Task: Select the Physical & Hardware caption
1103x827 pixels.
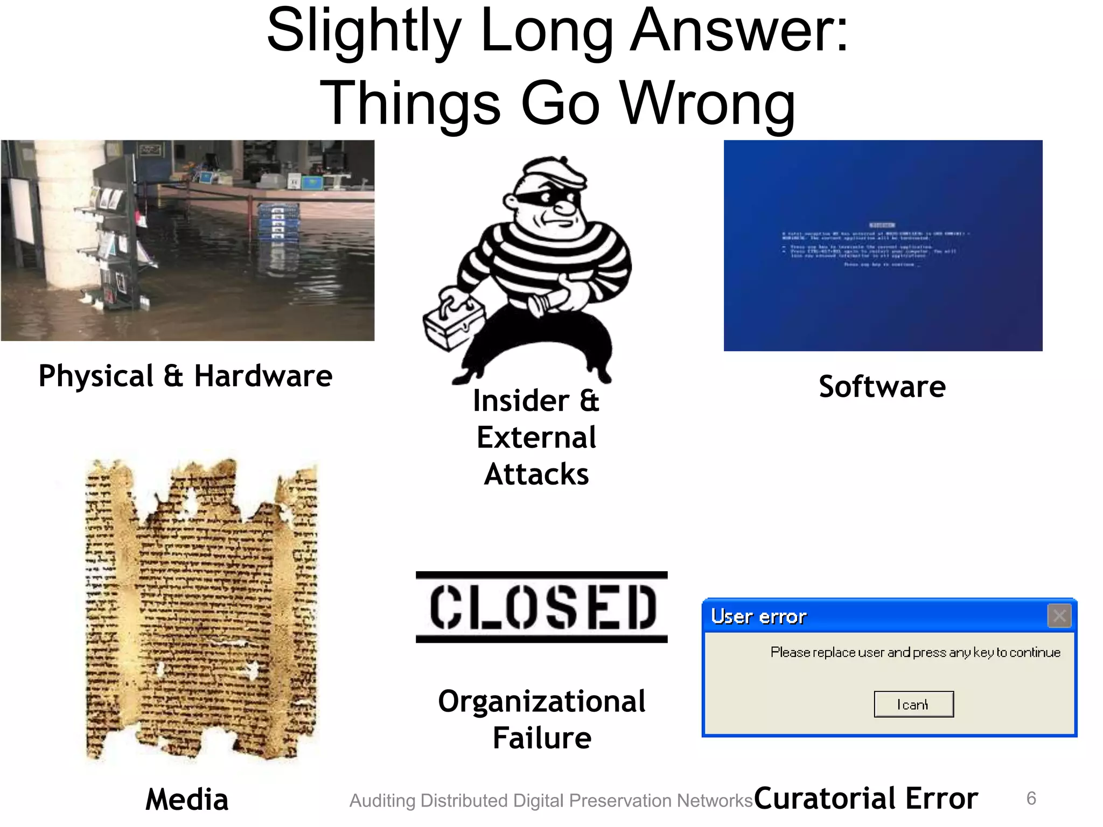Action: point(185,376)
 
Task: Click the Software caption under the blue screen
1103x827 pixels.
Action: point(882,387)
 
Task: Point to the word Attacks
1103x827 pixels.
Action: point(536,474)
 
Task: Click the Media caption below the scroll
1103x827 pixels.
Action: point(187,799)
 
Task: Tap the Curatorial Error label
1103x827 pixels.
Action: point(865,798)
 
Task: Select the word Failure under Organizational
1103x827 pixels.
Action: point(542,738)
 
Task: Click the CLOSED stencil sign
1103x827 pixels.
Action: point(542,607)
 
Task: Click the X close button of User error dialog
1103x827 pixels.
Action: point(1059,615)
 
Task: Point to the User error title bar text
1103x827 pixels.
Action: point(758,616)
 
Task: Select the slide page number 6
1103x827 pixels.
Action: point(1031,798)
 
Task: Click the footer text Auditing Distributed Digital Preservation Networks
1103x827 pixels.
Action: point(550,801)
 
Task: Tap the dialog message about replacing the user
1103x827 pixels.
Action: point(915,653)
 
